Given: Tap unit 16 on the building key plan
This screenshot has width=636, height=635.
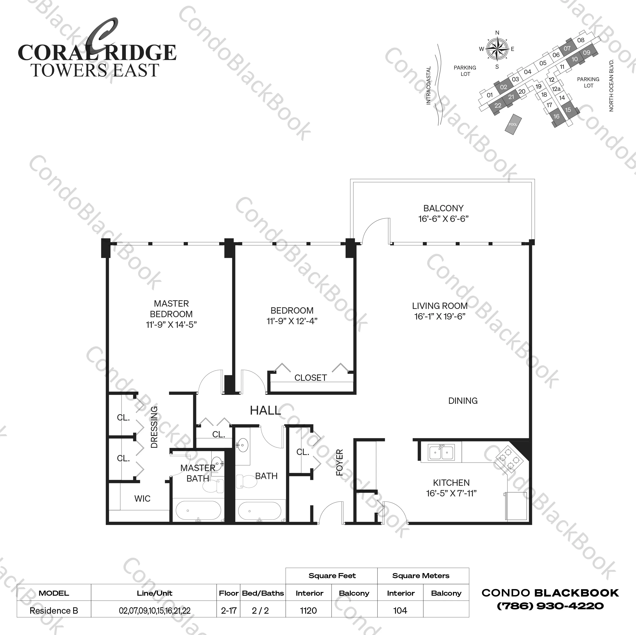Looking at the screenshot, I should point(556,116).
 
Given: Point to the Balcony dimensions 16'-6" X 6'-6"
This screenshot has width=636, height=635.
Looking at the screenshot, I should point(443,219).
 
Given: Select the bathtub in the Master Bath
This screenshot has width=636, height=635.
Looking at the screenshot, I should point(198,510).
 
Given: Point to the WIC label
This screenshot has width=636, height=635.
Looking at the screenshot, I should point(142,499).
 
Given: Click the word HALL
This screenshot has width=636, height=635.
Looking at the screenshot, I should point(265,411).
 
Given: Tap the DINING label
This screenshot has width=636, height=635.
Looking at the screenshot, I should point(463,401).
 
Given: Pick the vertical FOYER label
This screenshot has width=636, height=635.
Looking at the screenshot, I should point(339,463).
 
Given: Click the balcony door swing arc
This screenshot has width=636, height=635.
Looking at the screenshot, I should point(375,230).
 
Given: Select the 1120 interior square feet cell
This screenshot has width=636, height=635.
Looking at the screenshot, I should point(308,611).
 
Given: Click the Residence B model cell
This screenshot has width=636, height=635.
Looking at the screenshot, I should point(54,611).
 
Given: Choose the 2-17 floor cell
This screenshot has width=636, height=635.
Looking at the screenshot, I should point(229,611).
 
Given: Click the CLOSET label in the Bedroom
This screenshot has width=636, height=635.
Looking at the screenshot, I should point(310,378).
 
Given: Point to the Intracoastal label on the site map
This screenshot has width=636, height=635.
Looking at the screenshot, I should point(428,86).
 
